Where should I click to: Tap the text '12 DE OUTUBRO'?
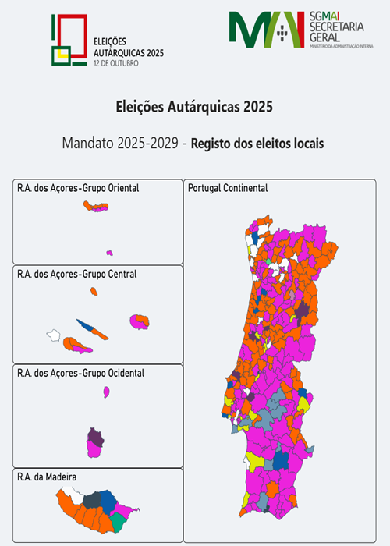pyautogui.click(x=115, y=62)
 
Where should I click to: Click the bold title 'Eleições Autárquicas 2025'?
pyautogui.click(x=194, y=105)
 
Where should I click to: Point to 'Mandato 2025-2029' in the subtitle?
pyautogui.click(x=122, y=144)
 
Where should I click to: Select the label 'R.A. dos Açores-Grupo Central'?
pyautogui.click(x=76, y=275)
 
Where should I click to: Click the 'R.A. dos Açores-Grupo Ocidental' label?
pyautogui.click(x=80, y=374)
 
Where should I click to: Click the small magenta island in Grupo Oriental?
pyautogui.click(x=109, y=253)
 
